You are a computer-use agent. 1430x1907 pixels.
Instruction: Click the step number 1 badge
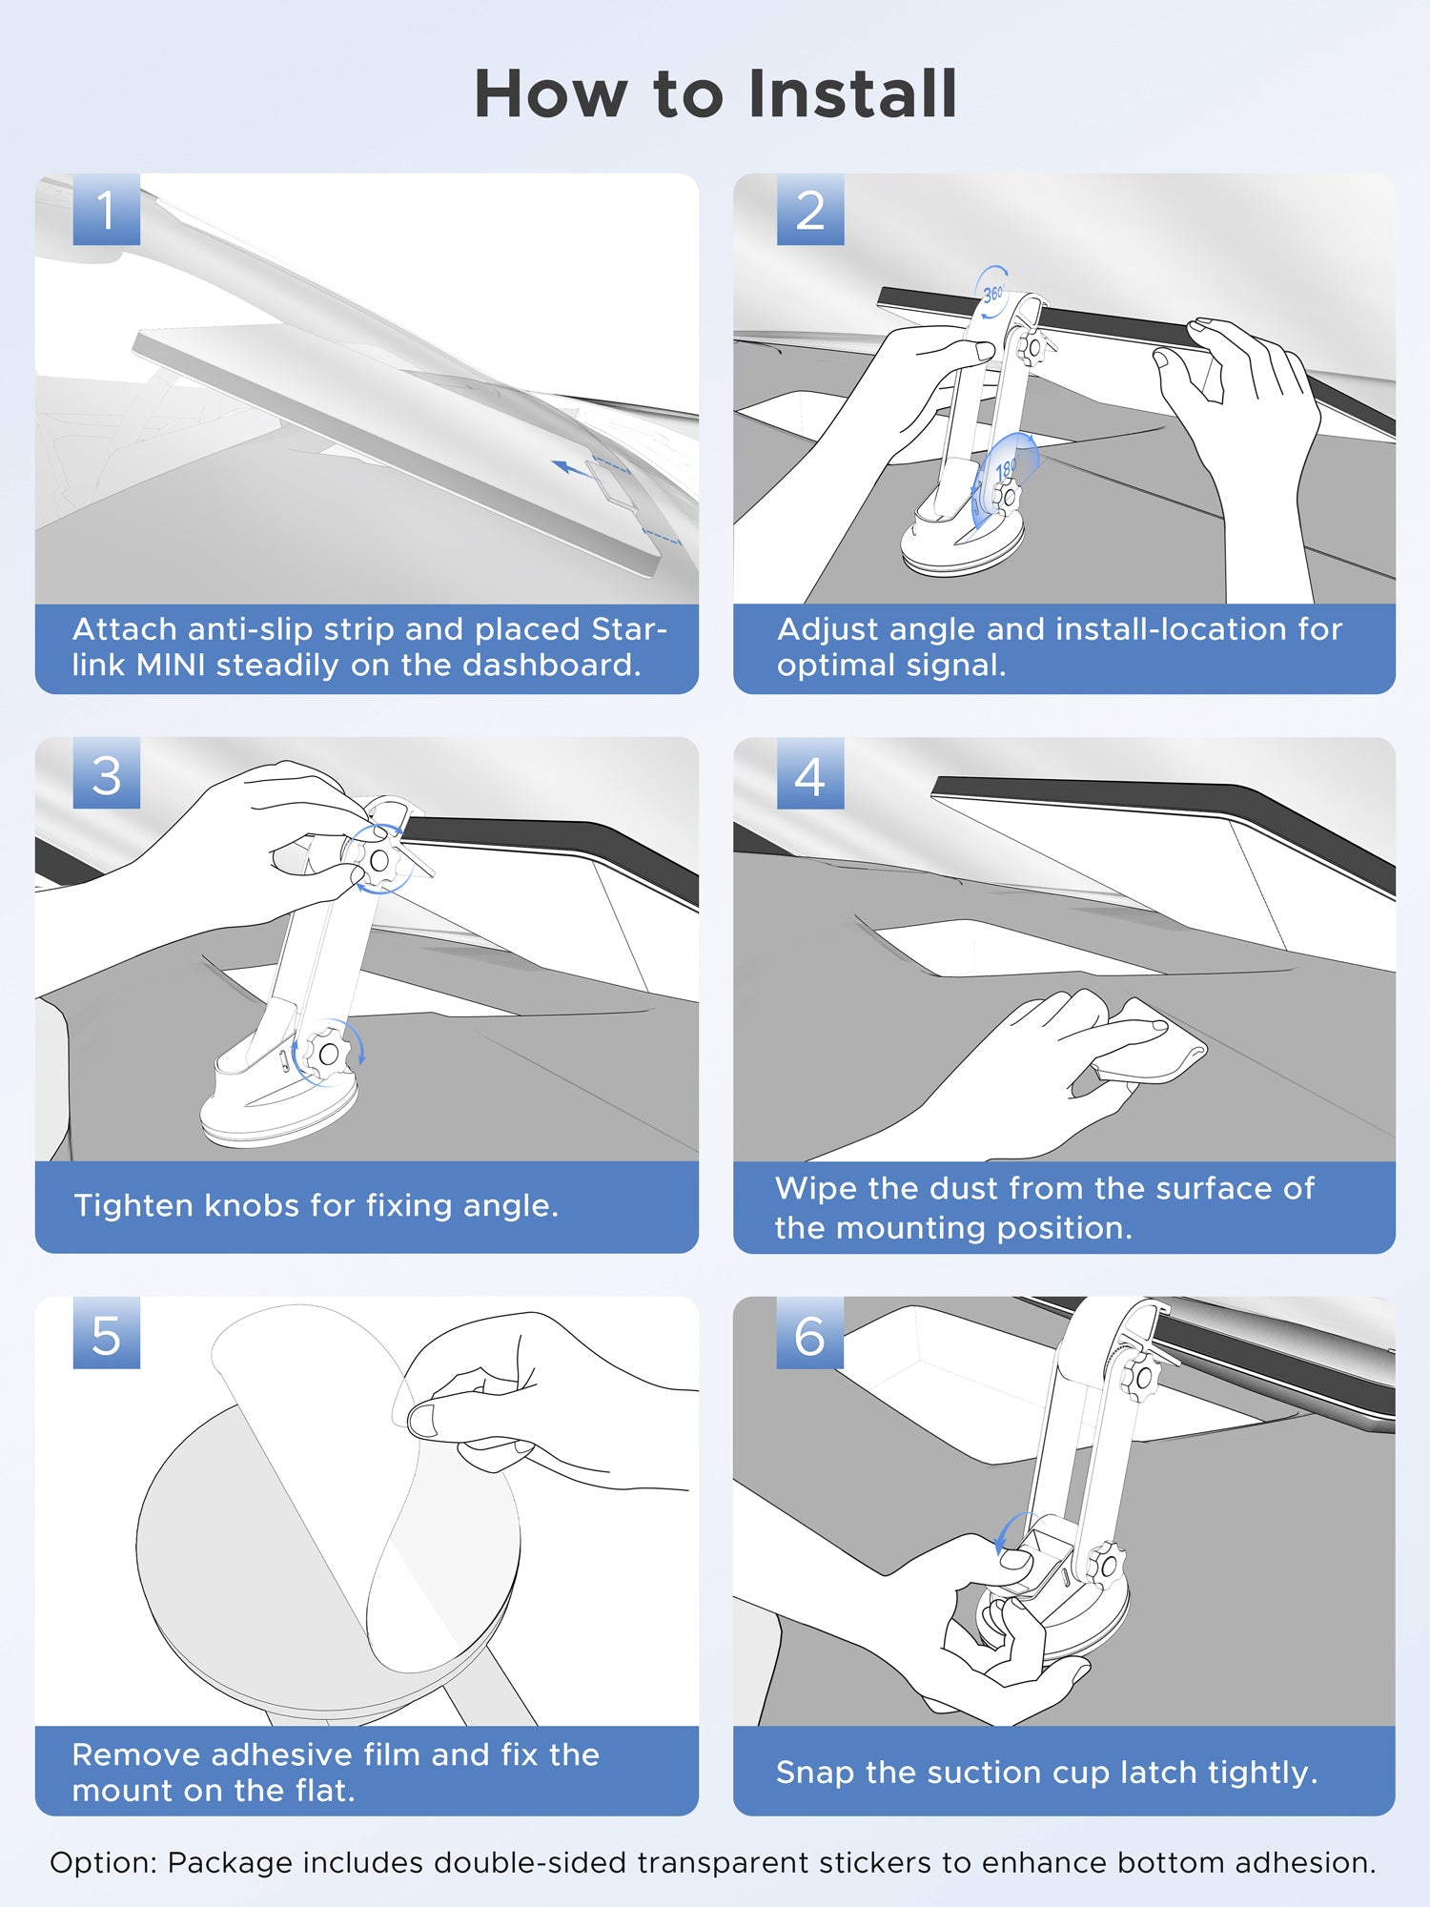(x=106, y=210)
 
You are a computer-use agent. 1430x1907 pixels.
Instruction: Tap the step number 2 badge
(x=809, y=210)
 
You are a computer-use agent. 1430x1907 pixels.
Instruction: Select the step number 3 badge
(x=106, y=774)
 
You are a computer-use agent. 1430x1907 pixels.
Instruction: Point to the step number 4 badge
(x=809, y=774)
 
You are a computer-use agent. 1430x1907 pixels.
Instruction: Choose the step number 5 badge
(x=106, y=1334)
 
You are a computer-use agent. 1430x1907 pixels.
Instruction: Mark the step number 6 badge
(x=809, y=1334)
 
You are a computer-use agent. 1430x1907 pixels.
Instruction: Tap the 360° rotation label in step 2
(x=993, y=294)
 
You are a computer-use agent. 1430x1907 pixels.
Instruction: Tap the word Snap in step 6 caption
(x=815, y=1772)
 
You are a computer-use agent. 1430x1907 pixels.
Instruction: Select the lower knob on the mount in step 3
(x=327, y=1055)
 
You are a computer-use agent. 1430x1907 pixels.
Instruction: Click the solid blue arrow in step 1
(x=572, y=468)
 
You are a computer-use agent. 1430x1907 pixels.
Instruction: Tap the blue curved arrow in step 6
(x=1011, y=1530)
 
